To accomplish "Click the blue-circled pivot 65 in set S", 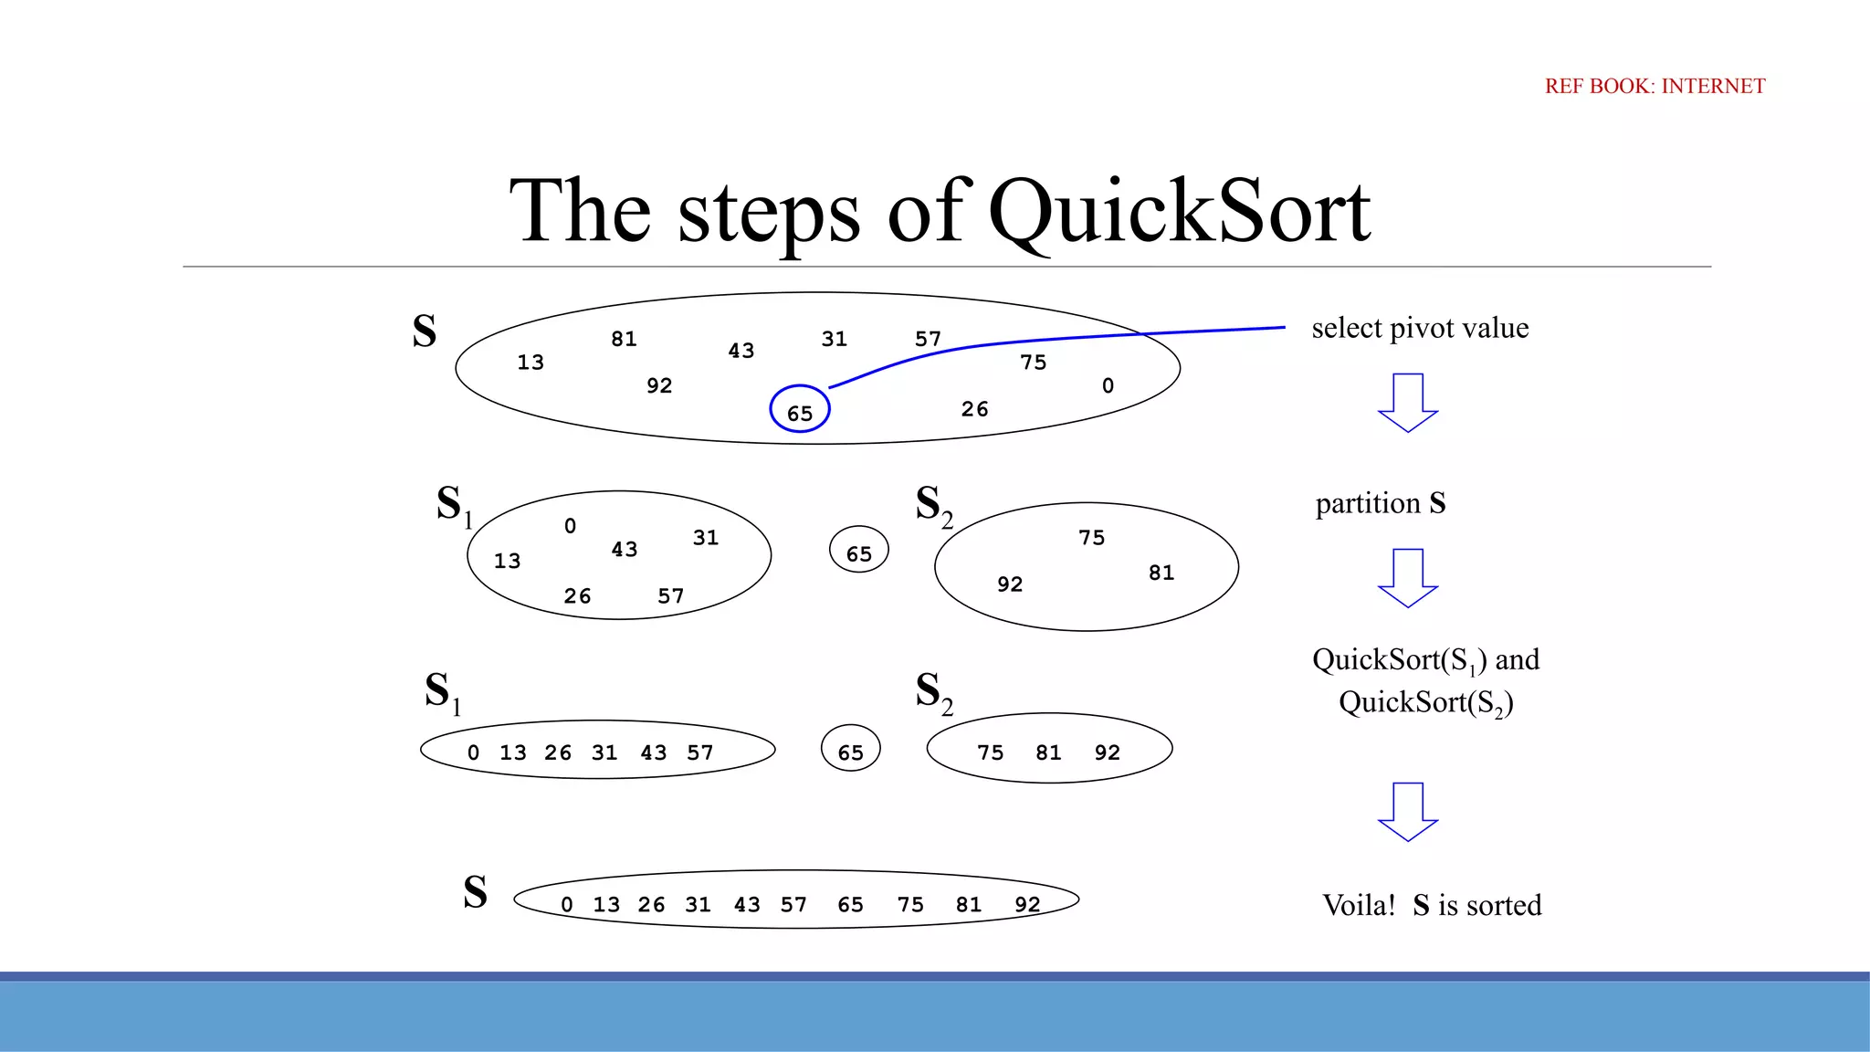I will (800, 411).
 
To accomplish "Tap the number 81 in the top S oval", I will (624, 339).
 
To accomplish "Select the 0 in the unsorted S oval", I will (1108, 385).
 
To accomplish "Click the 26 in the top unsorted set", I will (974, 409).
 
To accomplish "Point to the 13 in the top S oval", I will (531, 363).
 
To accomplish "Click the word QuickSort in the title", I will (1179, 212).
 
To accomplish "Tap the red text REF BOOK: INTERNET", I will (1655, 86).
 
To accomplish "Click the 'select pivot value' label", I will (1420, 328).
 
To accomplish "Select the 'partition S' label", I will (1380, 503).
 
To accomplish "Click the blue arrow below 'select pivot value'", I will (1408, 403).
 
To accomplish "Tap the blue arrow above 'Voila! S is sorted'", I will (1408, 811).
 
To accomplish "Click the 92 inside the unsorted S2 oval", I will (1010, 584).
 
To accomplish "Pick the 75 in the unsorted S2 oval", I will (1091, 538).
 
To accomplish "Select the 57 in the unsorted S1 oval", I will (670, 596).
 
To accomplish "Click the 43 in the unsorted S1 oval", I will (625, 550).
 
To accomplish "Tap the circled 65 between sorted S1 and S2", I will (850, 751).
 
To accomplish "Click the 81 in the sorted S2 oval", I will (1048, 752).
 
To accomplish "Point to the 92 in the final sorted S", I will (1027, 904).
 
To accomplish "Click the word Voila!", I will (1359, 905).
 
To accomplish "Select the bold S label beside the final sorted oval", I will (475, 892).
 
